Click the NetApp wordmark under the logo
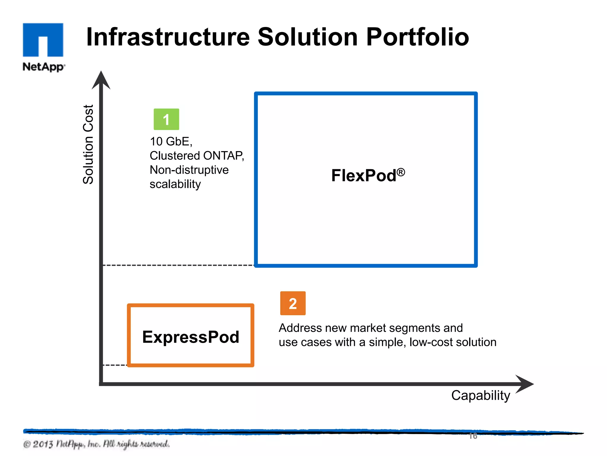pos(43,66)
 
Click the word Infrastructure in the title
pos(168,37)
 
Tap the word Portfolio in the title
pos(417,37)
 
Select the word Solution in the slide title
pos(308,37)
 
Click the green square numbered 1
pos(166,119)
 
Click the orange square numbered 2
pos(293,303)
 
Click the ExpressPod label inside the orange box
pos(191,337)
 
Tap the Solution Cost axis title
pos(88,144)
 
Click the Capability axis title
pos(480,395)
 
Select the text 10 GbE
pos(171,142)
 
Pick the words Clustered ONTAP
pos(197,156)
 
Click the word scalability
pos(175,184)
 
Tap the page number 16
pos(473,436)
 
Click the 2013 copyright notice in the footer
pos(96,444)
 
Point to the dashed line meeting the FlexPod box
pos(178,265)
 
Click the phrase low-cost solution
pos(453,342)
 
